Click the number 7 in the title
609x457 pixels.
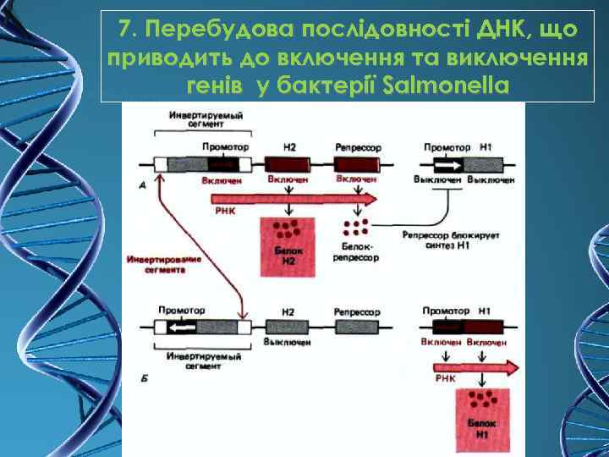point(126,30)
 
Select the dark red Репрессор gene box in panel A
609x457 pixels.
point(355,164)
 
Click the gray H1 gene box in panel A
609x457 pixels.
point(485,164)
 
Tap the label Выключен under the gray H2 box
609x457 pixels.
point(288,342)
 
